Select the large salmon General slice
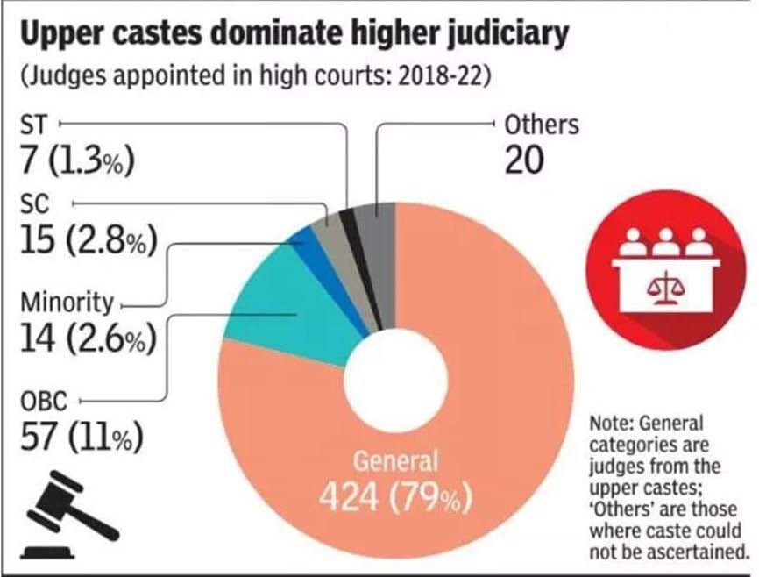tap(491, 395)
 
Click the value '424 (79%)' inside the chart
tap(395, 497)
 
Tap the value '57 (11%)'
tap(81, 438)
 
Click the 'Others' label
tap(542, 124)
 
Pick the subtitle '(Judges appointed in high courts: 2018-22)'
tap(253, 75)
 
